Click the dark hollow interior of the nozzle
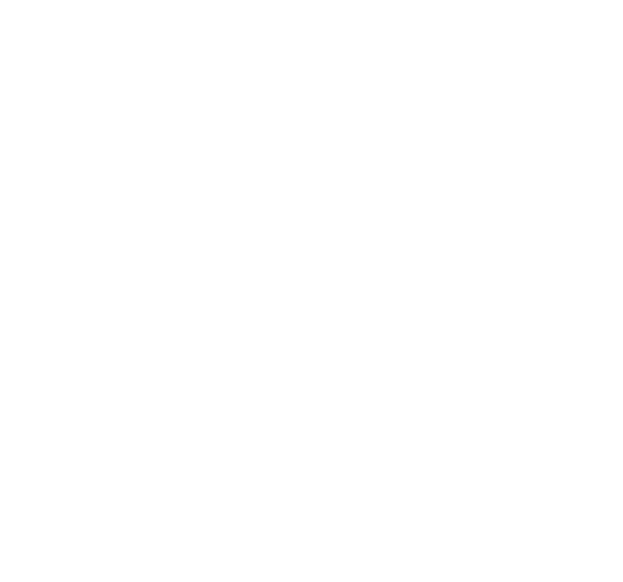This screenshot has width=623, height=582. pyautogui.click(x=323, y=310)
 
